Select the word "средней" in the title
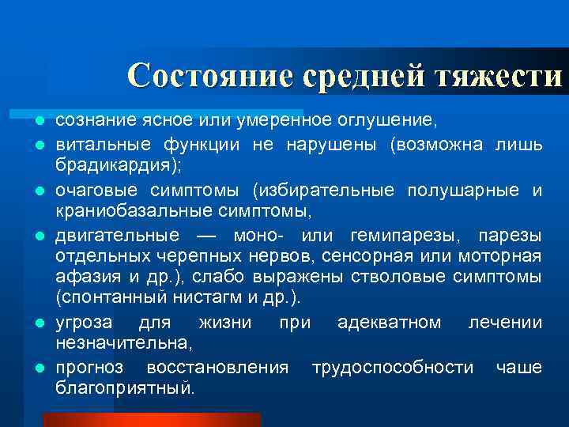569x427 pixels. coord(363,76)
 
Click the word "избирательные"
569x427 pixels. coord(326,191)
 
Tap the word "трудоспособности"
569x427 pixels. coord(393,368)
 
